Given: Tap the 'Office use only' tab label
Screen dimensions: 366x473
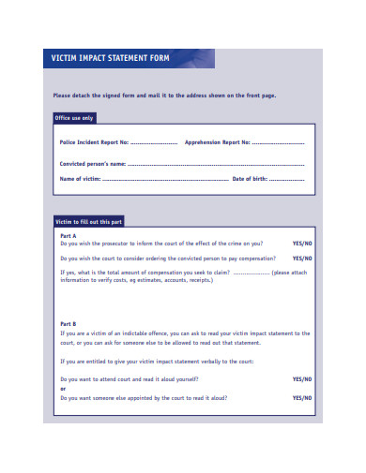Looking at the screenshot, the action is pos(76,118).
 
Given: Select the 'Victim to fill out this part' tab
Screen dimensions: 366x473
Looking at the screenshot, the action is pos(88,221).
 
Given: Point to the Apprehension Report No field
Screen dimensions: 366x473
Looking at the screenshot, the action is pos(278,142).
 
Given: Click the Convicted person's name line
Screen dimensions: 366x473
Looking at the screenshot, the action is pos(215,163).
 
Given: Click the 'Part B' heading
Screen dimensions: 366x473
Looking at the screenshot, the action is pos(68,324).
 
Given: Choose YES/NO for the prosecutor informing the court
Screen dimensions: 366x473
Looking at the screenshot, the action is pos(302,244).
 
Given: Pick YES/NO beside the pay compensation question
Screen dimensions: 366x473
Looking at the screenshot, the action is pos(302,259).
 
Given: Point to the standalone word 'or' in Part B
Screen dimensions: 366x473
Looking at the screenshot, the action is pos(63,388).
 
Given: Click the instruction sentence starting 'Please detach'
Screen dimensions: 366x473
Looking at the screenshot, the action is pos(164,95).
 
